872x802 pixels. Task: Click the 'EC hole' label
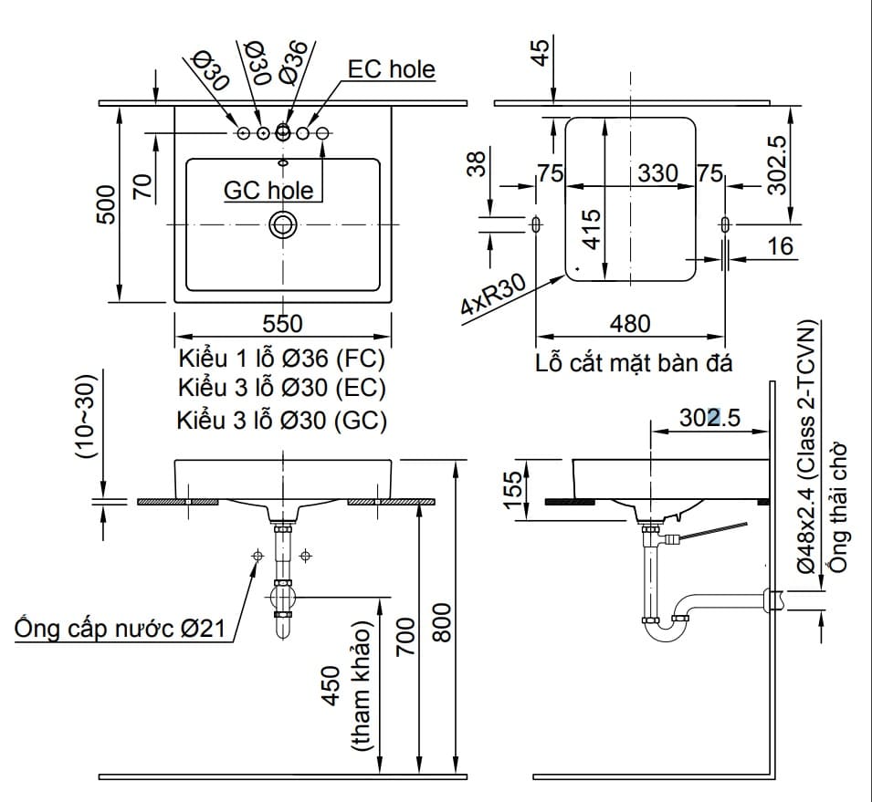coord(391,69)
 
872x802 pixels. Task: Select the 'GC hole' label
coord(268,190)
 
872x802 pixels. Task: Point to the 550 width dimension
coord(282,324)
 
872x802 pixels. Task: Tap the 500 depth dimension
coord(107,204)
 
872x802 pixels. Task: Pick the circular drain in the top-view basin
coord(282,224)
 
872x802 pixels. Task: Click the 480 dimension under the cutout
coord(630,324)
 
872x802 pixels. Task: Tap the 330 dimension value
coord(657,173)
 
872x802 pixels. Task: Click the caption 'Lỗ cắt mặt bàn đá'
coord(634,363)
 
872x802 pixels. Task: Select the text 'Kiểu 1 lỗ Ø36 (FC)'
coord(282,357)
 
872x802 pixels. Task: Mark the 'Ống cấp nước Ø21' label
coord(121,629)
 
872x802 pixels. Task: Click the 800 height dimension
coord(441,622)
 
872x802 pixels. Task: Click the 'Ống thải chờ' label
coord(839,506)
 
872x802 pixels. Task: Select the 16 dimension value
coord(781,245)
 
